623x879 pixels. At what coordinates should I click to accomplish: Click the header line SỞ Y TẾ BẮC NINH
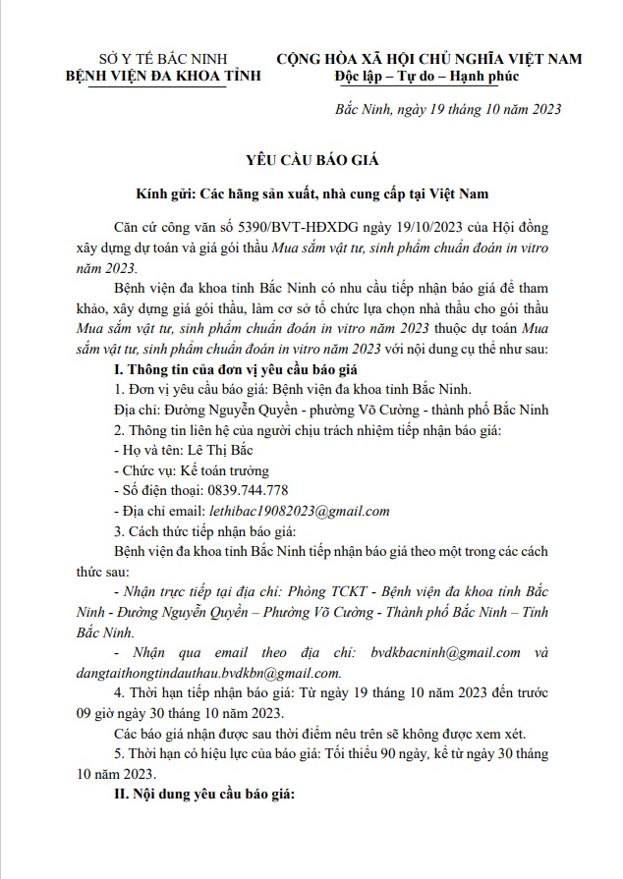point(143,58)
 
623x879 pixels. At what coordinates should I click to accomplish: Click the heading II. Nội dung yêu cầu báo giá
point(204,794)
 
